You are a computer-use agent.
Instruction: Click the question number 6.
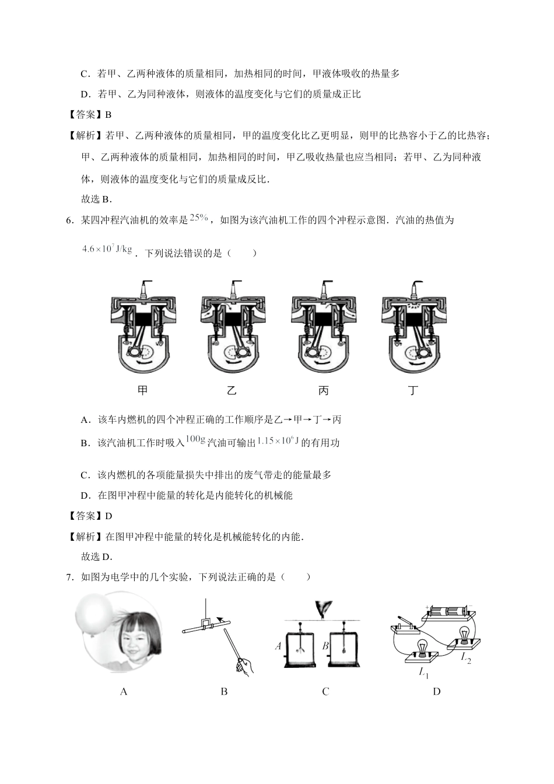(x=69, y=220)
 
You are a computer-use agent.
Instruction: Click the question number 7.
(x=69, y=577)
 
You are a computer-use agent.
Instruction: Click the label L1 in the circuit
(x=423, y=672)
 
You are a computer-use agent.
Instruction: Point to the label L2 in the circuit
(x=465, y=658)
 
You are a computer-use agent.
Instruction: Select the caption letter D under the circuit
(x=437, y=691)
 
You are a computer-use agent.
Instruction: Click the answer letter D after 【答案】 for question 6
(x=108, y=516)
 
